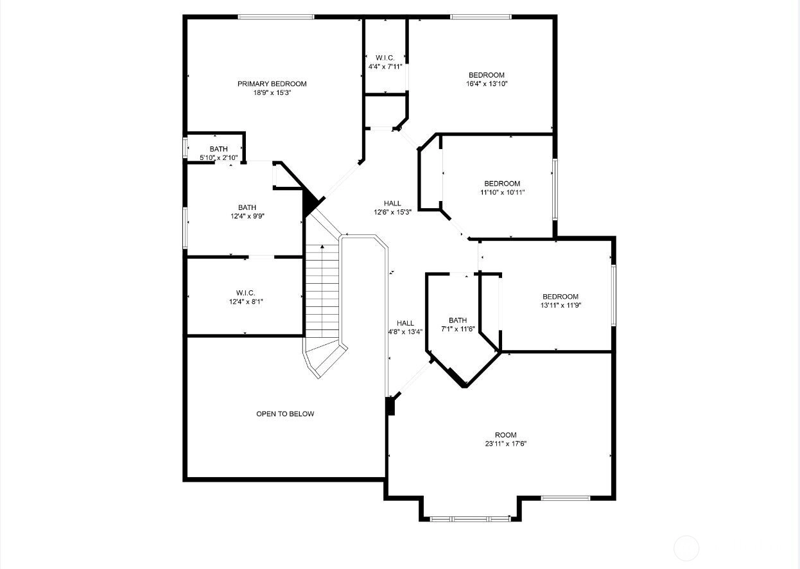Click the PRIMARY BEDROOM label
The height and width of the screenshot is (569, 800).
pyautogui.click(x=272, y=84)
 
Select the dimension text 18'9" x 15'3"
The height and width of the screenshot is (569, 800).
pyautogui.click(x=272, y=93)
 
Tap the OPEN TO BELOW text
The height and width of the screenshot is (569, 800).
pyautogui.click(x=285, y=414)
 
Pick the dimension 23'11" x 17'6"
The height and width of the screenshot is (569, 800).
pyautogui.click(x=505, y=444)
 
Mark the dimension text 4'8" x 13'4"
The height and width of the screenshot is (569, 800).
pyautogui.click(x=405, y=332)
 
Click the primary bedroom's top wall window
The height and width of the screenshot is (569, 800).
pyautogui.click(x=276, y=17)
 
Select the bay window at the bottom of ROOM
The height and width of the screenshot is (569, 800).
pyautogui.click(x=471, y=519)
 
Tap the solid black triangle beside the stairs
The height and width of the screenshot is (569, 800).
pyautogui.click(x=311, y=204)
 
